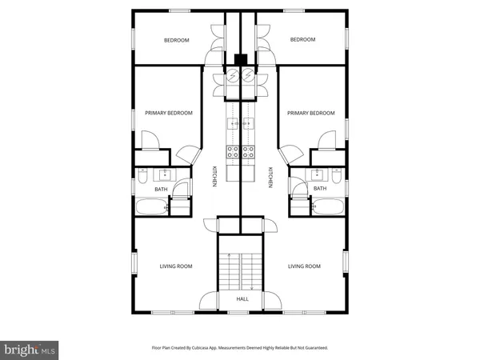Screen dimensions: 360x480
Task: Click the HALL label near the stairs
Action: click(x=242, y=299)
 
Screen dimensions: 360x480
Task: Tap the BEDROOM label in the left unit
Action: click(x=176, y=40)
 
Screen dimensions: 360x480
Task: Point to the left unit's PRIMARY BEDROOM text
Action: click(x=169, y=114)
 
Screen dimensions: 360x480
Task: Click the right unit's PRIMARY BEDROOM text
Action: click(x=311, y=114)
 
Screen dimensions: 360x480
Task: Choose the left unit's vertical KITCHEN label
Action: click(x=214, y=178)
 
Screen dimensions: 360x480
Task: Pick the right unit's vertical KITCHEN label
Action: click(x=270, y=178)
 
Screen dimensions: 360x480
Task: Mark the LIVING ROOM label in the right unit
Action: click(x=304, y=266)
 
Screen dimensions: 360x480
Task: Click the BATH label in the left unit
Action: click(x=162, y=190)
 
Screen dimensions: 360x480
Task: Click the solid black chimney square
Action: click(x=242, y=58)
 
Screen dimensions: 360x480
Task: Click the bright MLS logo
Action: click(x=30, y=348)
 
